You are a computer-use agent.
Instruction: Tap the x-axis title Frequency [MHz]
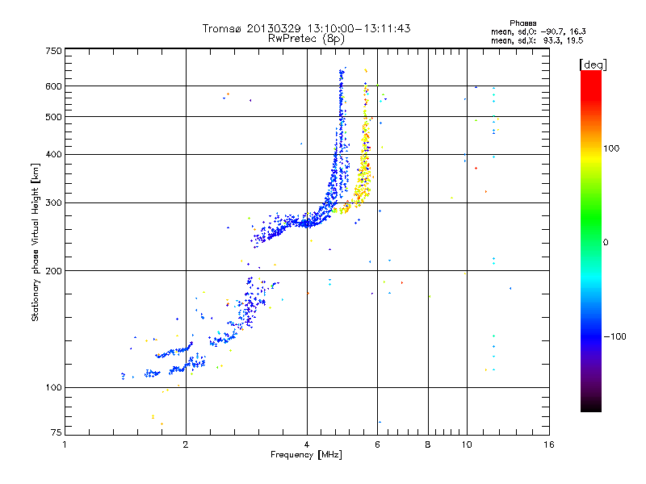click(306, 455)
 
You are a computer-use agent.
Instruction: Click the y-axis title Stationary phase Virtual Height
click(36, 243)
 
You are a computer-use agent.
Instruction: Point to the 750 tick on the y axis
click(54, 50)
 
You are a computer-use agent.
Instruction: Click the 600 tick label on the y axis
click(54, 86)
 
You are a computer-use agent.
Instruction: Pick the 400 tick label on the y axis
click(54, 154)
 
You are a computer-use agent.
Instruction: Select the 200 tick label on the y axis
click(54, 270)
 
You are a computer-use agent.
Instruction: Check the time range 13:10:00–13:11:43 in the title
click(355, 28)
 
